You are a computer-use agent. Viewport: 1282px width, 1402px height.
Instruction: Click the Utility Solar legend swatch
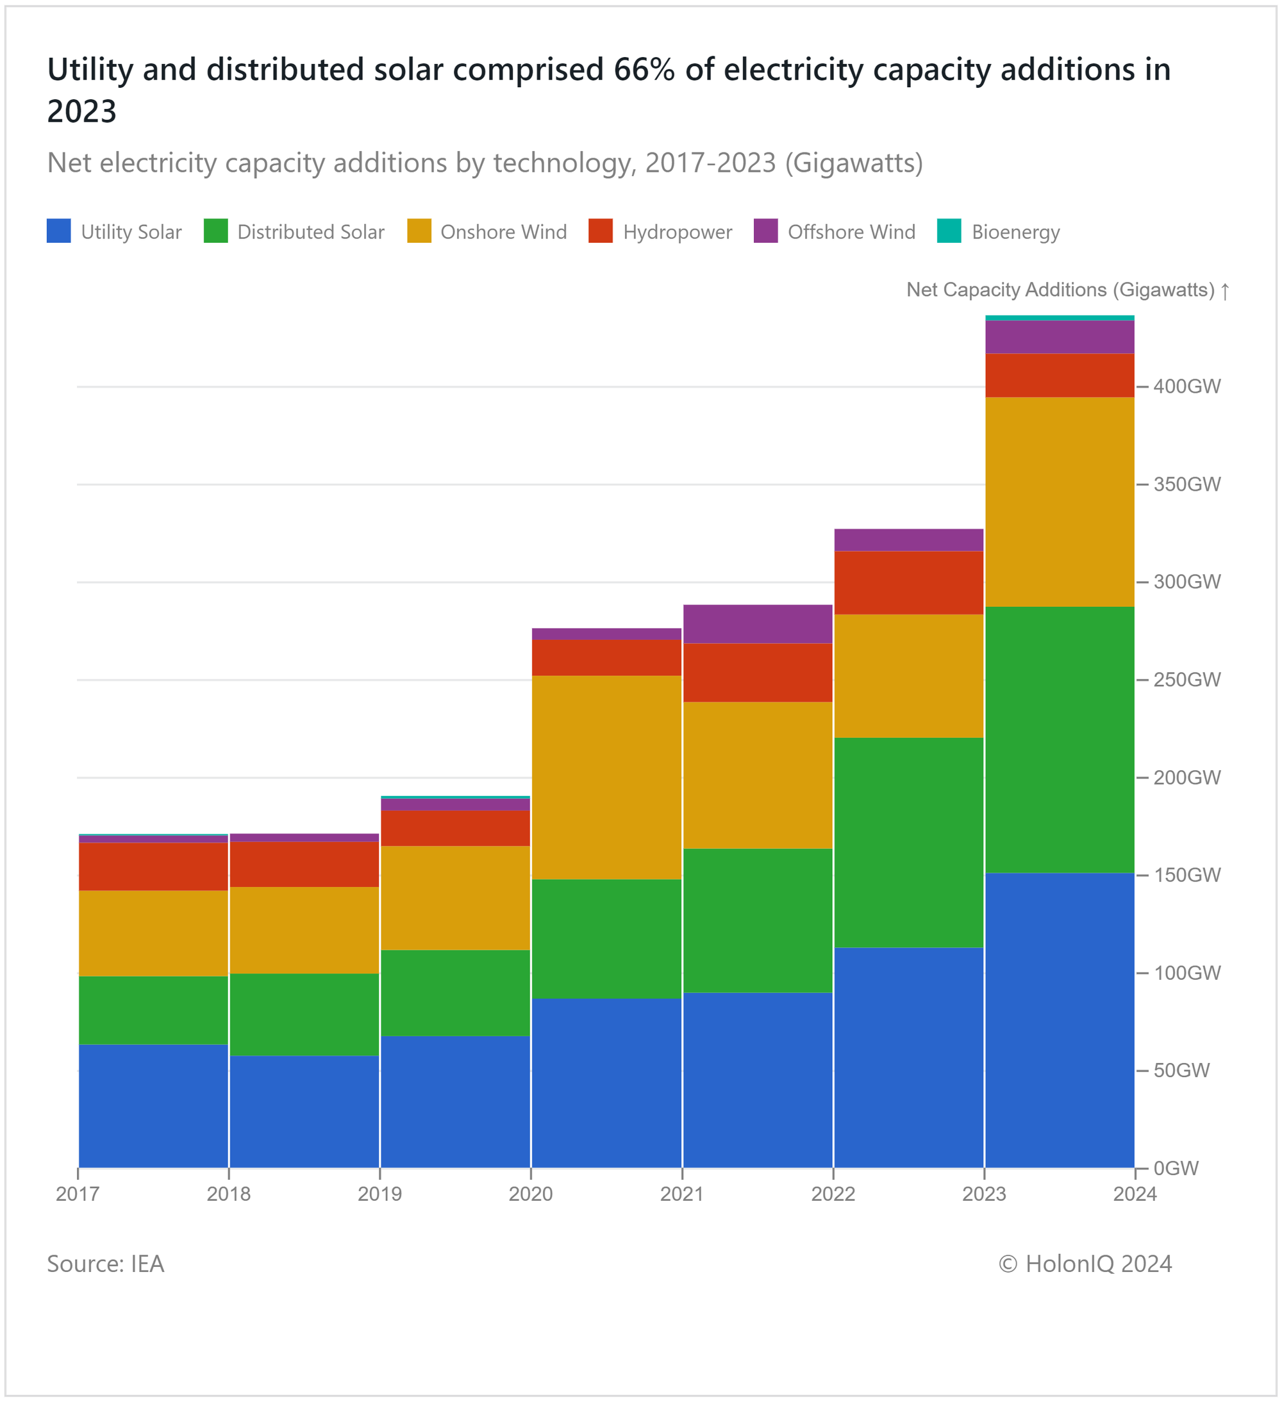(58, 231)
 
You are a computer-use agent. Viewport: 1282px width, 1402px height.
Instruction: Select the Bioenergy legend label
(1015, 231)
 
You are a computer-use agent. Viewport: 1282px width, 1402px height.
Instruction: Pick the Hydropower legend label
(677, 231)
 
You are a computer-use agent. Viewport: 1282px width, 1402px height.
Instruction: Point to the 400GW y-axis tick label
(1186, 386)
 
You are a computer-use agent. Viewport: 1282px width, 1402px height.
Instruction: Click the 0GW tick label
(1176, 1168)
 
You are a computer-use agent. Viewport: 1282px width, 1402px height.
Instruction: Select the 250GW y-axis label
(1186, 679)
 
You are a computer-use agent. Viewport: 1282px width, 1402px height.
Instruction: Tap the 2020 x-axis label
(530, 1194)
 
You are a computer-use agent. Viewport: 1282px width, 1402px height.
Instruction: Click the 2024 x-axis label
(1135, 1194)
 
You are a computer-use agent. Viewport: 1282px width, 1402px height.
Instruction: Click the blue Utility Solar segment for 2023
(1060, 1019)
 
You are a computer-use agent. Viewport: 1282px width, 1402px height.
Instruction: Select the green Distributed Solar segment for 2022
(908, 841)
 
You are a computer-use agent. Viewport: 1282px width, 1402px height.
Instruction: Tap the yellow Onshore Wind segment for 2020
(606, 777)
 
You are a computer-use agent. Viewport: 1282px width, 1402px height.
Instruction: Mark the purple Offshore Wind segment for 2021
(758, 624)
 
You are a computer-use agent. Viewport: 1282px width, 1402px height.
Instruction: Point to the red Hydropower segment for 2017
(153, 866)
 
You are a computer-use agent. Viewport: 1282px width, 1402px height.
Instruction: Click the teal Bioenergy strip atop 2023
(1060, 318)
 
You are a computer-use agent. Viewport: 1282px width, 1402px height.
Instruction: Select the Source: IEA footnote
(105, 1264)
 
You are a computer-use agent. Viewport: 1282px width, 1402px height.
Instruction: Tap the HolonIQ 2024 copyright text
(1085, 1264)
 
